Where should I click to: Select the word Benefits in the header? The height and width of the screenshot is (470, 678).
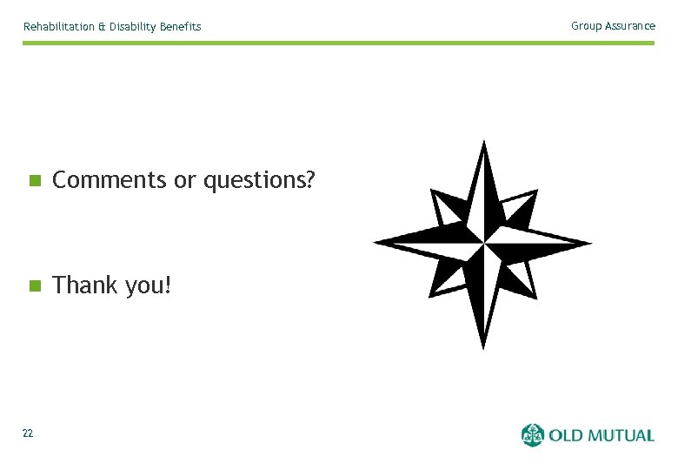point(180,27)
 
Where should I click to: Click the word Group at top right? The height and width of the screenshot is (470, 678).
point(585,26)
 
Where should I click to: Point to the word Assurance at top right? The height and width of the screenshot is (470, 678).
point(629,26)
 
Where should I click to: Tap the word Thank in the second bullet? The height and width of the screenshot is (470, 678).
point(85,285)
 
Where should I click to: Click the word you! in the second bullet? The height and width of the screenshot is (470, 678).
point(148,285)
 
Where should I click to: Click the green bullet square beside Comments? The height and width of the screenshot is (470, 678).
point(34,181)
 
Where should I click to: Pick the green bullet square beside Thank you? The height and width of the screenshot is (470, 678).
point(34,285)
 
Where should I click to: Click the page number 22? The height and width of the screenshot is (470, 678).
point(28,433)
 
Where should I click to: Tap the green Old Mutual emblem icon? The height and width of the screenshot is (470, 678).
point(532,434)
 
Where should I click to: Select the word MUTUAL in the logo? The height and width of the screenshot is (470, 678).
point(622,434)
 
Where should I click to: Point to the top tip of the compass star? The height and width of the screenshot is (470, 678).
point(484,142)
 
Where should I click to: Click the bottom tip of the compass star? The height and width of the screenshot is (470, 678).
point(484,348)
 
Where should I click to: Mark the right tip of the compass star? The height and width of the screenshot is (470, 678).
point(591,243)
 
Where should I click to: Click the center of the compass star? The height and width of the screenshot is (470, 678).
point(483,243)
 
